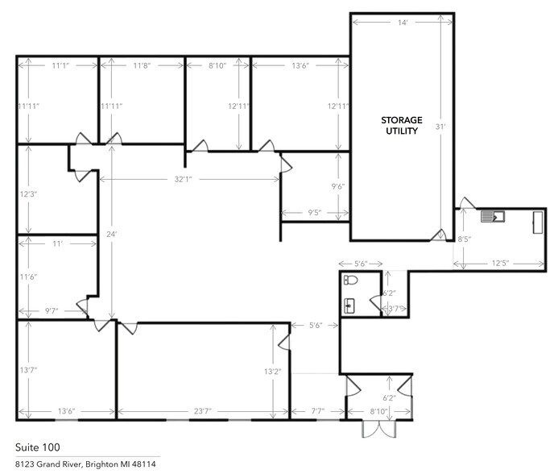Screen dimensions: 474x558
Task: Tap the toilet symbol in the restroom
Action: coord(350,281)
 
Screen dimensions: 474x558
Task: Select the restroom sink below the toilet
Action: coord(349,305)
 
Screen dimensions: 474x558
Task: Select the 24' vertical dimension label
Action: coord(112,234)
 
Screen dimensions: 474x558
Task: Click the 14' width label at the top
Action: coord(402,23)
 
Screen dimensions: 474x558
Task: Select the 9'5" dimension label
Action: coord(315,214)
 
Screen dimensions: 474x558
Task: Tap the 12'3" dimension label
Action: coord(29,194)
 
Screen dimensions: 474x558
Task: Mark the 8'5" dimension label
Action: coord(464,239)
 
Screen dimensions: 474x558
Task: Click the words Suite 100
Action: coord(37,447)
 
